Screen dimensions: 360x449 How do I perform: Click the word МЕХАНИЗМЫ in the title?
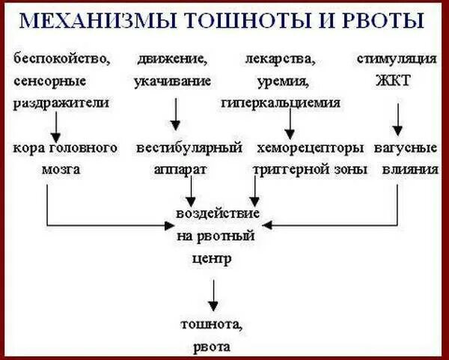[104, 20]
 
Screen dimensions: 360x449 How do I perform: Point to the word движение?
[172, 58]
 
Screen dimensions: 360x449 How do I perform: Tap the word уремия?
[282, 80]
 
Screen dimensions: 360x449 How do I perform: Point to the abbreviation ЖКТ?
[395, 80]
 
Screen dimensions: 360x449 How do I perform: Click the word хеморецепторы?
[310, 147]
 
